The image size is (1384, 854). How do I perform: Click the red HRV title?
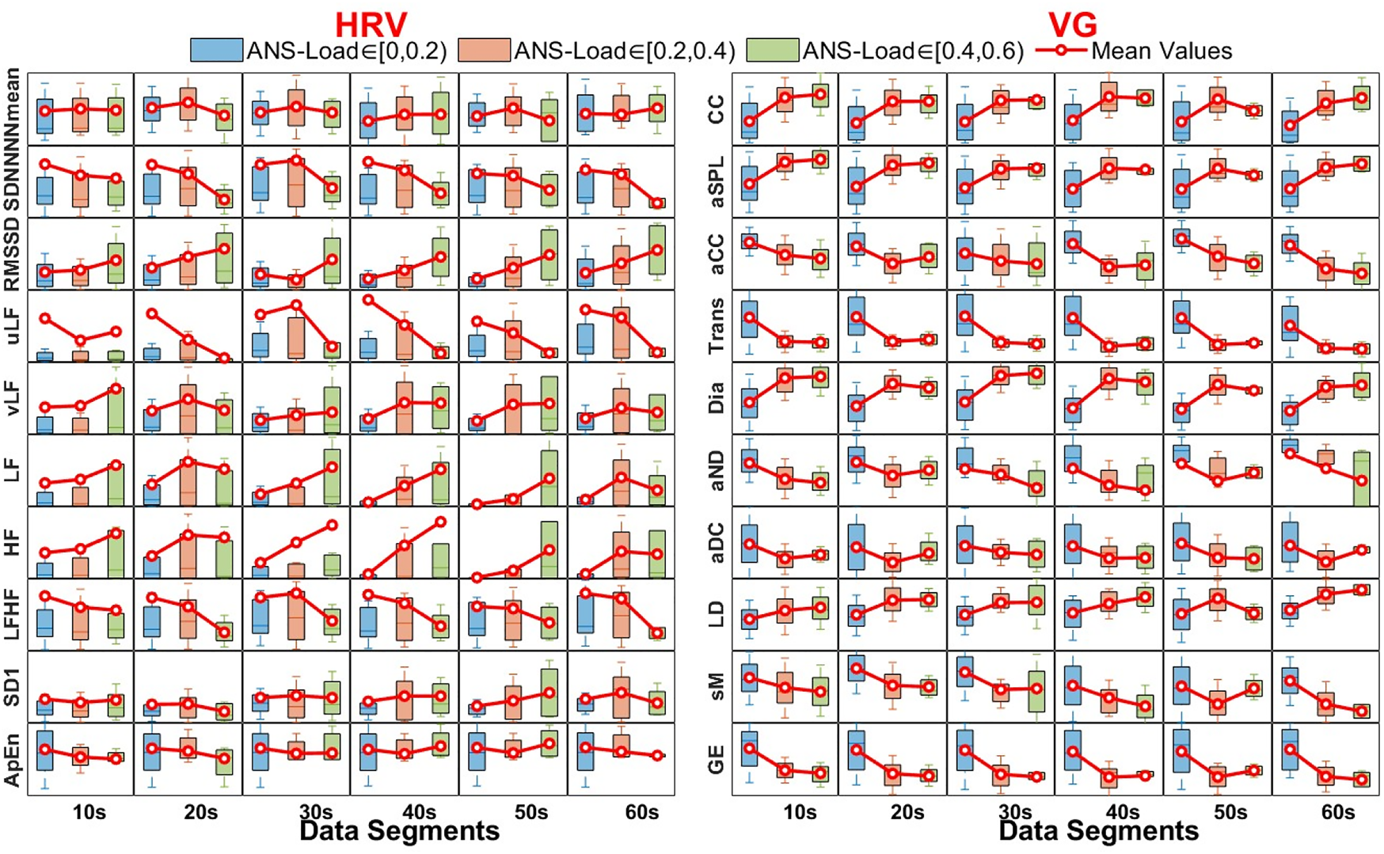coord(371,24)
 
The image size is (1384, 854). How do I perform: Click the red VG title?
coord(1072,24)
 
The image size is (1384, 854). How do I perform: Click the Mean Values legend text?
coord(1161,51)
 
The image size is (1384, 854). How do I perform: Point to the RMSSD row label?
coord(12,254)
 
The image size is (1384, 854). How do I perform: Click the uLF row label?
coord(12,327)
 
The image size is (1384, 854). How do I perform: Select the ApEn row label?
coord(12,759)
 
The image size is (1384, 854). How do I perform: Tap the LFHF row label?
coord(12,615)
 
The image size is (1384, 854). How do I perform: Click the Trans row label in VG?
coord(716,326)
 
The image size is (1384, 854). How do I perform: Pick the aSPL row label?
coord(716,181)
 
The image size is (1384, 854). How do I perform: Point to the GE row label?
coord(716,759)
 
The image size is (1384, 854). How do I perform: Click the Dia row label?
coord(716,398)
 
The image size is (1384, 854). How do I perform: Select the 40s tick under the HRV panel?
coord(419,812)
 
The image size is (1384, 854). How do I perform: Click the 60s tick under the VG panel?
coord(1337,812)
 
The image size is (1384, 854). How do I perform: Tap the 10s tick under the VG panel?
coord(800,812)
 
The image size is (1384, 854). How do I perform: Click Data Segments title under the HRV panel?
coord(400,831)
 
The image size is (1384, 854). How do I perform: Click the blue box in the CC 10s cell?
coord(749,121)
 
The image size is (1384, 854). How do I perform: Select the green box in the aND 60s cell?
coord(1361,479)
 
